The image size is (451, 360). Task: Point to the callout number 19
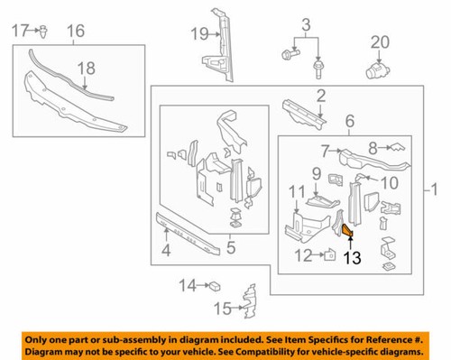point(198,35)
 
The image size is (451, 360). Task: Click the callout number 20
point(378,41)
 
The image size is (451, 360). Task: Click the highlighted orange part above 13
point(347,233)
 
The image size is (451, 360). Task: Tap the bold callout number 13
point(350,257)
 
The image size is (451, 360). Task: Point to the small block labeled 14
point(216,286)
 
